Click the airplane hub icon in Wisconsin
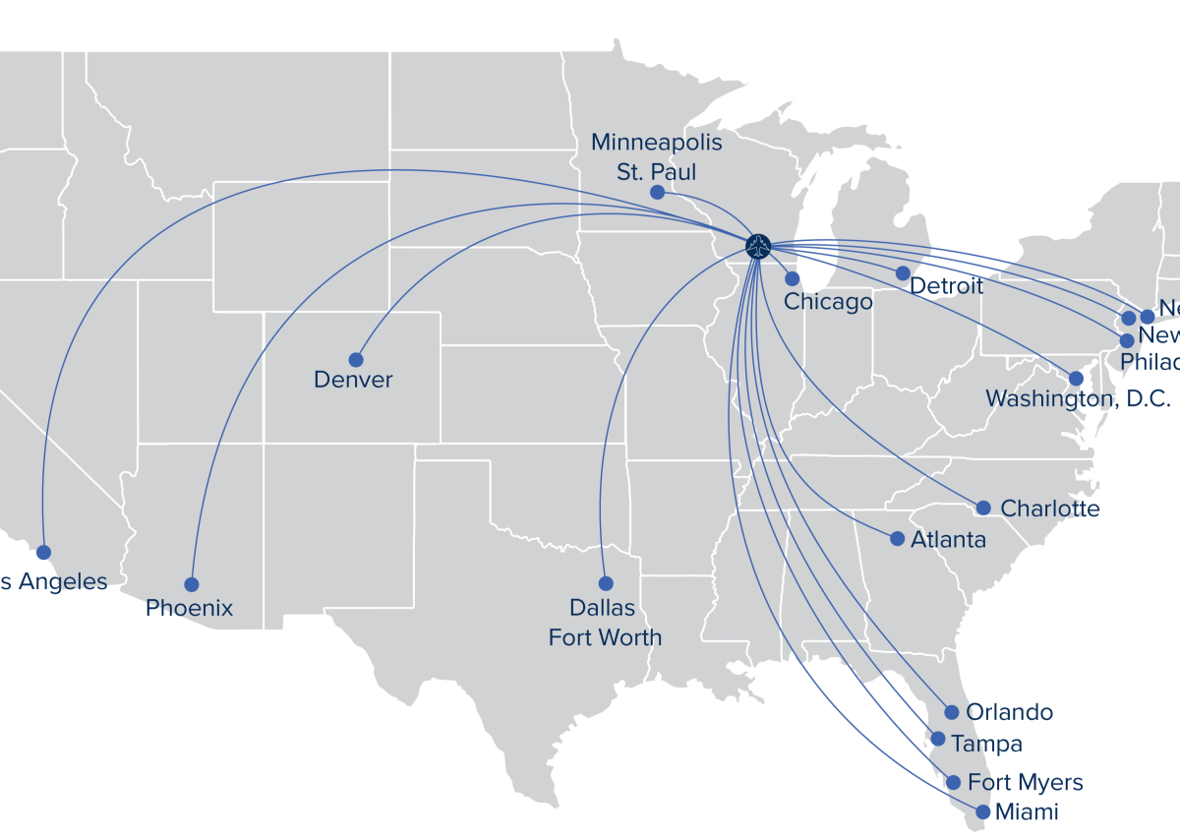[757, 246]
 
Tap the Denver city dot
[356, 360]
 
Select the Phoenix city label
[190, 608]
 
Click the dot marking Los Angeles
[43, 552]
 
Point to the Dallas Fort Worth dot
[606, 583]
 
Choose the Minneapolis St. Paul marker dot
[657, 193]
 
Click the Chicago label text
[828, 302]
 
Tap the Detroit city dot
[903, 272]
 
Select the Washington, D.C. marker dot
[1076, 378]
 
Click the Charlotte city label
[1049, 509]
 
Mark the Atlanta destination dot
[897, 538]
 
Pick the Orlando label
[1009, 712]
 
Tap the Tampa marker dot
[938, 739]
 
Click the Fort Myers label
[1025, 783]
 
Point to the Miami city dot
[982, 812]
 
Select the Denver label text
[353, 380]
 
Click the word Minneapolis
[656, 143]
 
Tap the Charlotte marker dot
[983, 508]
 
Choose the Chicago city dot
[793, 278]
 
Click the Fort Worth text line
[605, 637]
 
